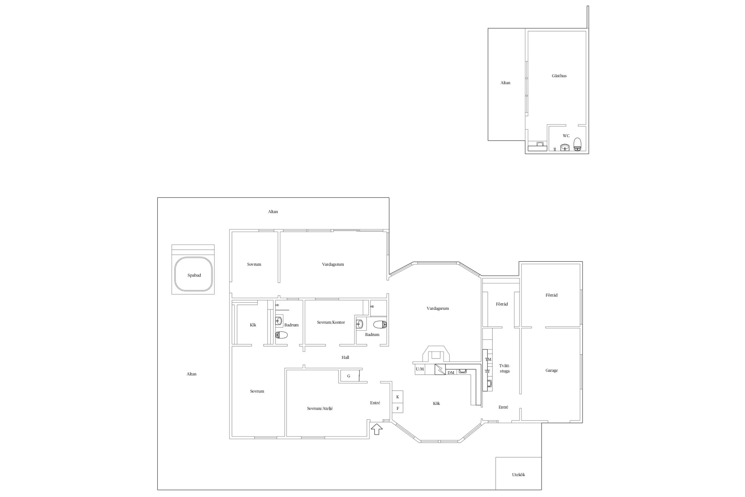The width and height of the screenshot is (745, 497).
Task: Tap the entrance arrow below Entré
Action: [376, 429]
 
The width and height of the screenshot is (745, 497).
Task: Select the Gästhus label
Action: [559, 76]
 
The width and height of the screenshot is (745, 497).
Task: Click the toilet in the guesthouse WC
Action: [577, 144]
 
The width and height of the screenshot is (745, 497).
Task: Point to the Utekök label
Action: [519, 474]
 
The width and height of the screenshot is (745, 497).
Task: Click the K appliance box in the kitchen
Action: [398, 397]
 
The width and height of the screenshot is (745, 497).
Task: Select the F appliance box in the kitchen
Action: [398, 408]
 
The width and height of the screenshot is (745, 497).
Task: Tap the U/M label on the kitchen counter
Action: [420, 369]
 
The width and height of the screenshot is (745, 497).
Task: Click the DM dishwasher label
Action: [451, 373]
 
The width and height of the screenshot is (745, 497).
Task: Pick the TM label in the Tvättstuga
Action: [488, 359]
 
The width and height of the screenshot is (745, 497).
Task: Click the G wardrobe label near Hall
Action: [349, 376]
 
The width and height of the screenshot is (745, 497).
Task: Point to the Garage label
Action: [552, 370]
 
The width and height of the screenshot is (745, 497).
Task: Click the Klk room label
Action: [253, 325]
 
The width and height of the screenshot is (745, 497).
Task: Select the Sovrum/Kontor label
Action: [331, 322]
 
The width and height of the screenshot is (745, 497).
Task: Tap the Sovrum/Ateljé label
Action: [320, 409]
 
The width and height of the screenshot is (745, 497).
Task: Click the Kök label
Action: [436, 404]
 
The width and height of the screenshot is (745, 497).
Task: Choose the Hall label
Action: [345, 357]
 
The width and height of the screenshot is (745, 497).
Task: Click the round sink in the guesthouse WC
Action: [565, 147]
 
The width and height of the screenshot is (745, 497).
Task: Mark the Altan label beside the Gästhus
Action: [505, 83]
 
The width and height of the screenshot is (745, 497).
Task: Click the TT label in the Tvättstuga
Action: [487, 371]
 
